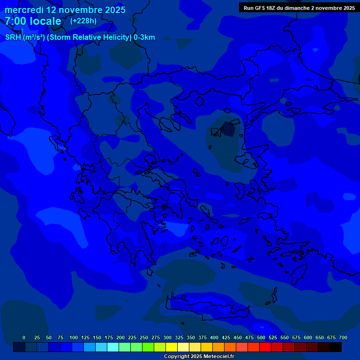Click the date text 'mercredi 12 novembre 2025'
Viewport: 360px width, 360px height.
(x=65, y=10)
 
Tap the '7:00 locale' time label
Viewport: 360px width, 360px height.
(x=33, y=21)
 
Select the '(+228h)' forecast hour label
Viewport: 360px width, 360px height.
(x=83, y=21)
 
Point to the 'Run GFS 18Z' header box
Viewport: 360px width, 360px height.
(x=299, y=7)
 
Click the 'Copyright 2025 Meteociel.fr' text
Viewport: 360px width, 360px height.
(x=199, y=356)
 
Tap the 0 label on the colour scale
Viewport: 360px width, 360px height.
(x=24, y=337)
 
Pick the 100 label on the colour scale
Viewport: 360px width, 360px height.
(x=74, y=337)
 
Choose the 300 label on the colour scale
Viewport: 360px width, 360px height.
(x=167, y=337)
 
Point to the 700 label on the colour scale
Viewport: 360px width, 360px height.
(x=343, y=337)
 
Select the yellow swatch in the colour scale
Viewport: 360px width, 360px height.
(x=172, y=347)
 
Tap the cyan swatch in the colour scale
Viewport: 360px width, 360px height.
(x=113, y=347)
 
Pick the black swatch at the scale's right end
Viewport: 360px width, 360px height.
(x=336, y=347)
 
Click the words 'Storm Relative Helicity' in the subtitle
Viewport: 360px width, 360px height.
(x=89, y=37)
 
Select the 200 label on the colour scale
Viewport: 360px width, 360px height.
(x=120, y=337)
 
